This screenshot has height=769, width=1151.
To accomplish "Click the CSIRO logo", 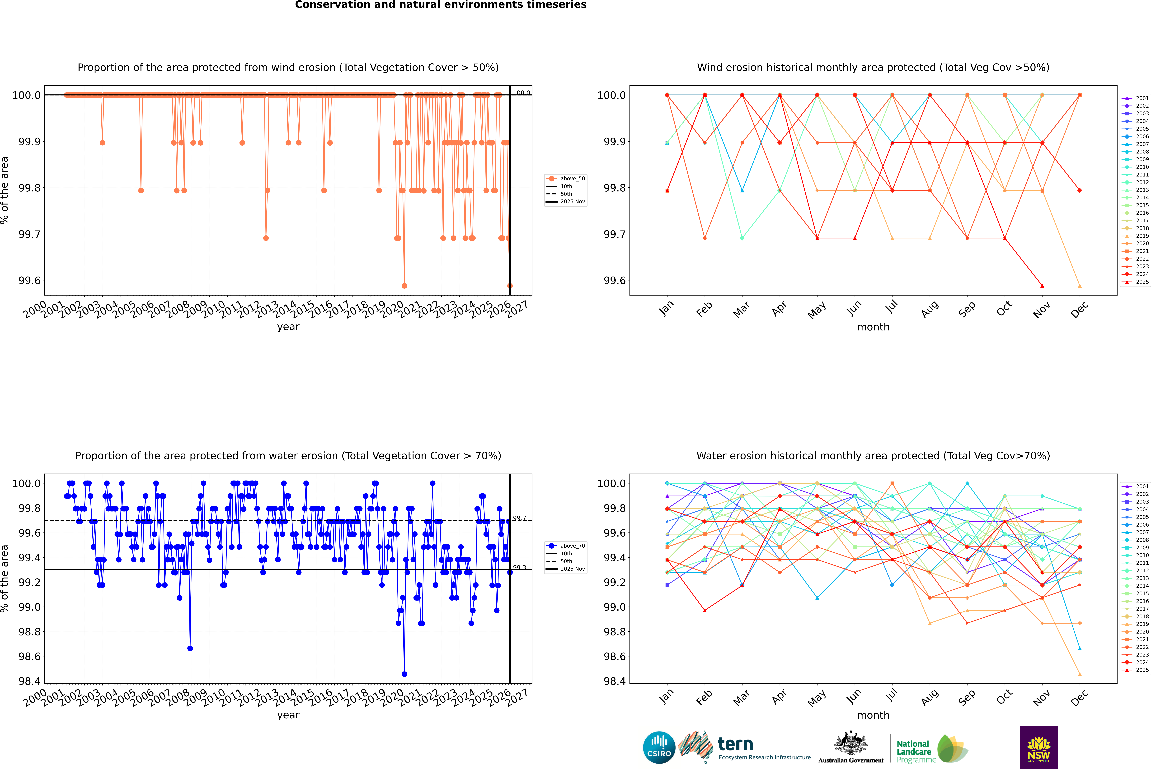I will click(x=659, y=747).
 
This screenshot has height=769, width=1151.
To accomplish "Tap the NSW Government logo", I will click(x=1039, y=747).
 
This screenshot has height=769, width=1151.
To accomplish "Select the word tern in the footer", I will click(x=735, y=744).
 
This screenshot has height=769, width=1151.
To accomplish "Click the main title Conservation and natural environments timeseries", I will click(x=441, y=5).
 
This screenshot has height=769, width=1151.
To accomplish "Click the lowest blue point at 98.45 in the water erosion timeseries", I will click(x=404, y=674).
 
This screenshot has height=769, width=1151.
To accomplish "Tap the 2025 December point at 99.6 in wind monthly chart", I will click(x=1079, y=286).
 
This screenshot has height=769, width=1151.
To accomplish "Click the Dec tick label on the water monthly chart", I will click(x=1079, y=698).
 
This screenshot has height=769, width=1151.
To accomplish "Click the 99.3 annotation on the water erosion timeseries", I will click(x=520, y=567).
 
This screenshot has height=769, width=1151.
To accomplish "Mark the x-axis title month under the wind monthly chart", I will click(x=873, y=327).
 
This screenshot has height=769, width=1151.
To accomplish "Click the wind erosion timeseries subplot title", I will click(x=288, y=68).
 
